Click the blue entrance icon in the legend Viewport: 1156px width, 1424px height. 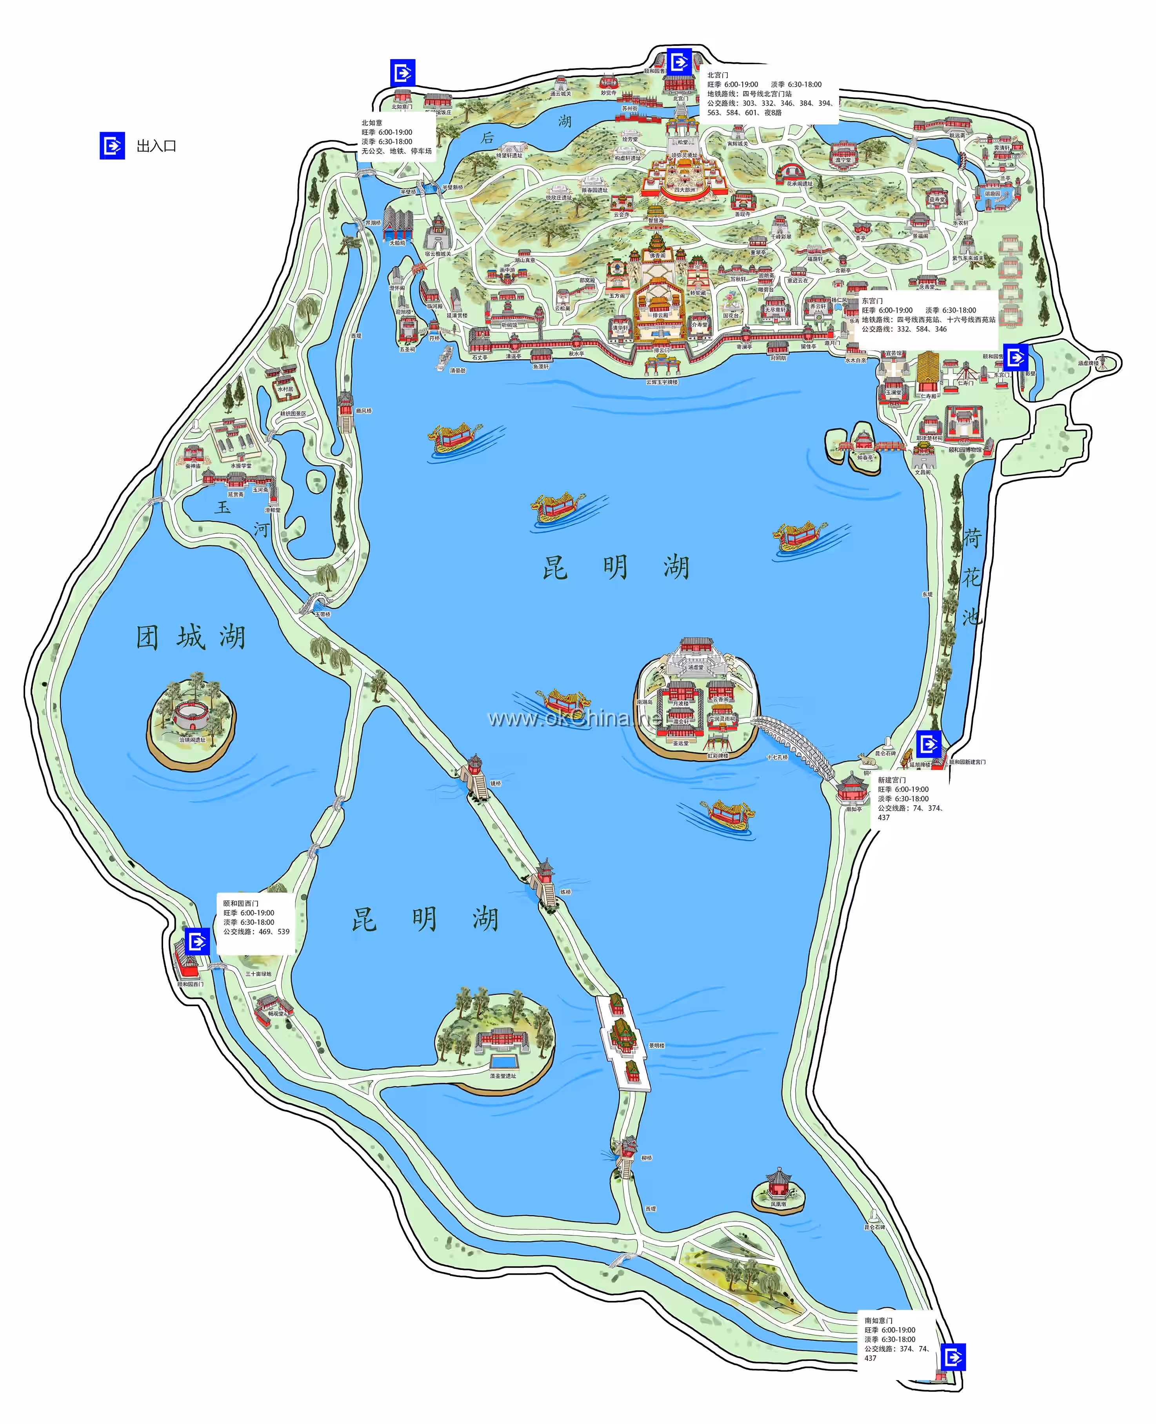pyautogui.click(x=112, y=146)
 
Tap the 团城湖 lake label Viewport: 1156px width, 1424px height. pyautogui.click(x=191, y=637)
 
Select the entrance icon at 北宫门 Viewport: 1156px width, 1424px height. pyautogui.click(x=679, y=62)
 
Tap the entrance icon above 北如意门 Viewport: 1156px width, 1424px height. pyautogui.click(x=403, y=72)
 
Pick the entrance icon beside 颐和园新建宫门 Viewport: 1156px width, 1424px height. pyautogui.click(x=928, y=744)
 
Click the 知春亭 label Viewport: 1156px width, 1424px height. pyautogui.click(x=864, y=458)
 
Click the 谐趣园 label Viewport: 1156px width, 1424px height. pyautogui.click(x=992, y=194)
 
